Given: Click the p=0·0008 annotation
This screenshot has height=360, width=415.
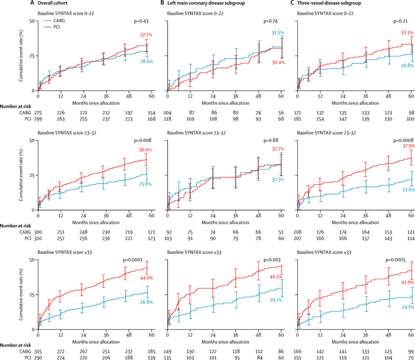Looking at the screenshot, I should point(403,141).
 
